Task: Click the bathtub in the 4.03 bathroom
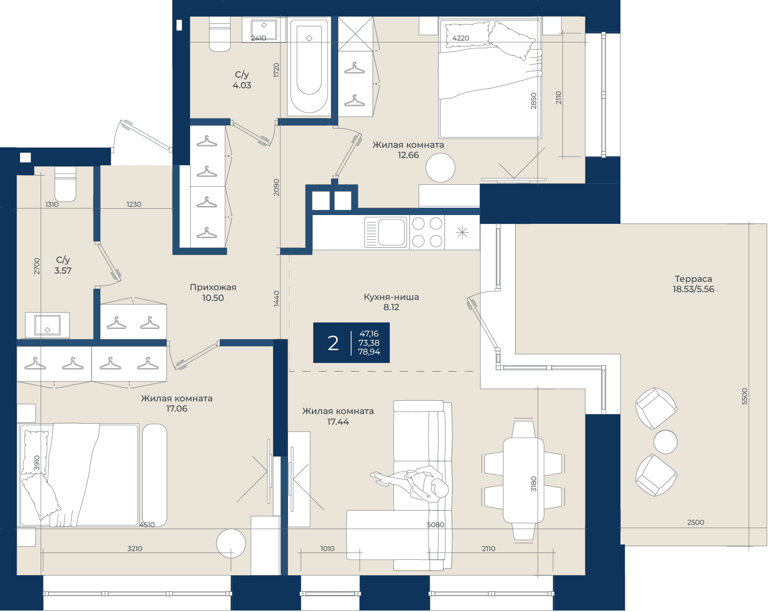pyautogui.click(x=309, y=66)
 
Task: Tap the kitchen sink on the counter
pyautogui.click(x=386, y=233)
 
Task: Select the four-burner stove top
pyautogui.click(x=427, y=233)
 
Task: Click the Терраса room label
pyautogui.click(x=693, y=279)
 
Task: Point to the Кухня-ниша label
pyautogui.click(x=391, y=297)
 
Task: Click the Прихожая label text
pyautogui.click(x=213, y=288)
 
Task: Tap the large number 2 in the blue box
pyautogui.click(x=333, y=343)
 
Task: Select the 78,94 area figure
pyautogui.click(x=369, y=352)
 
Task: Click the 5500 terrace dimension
pyautogui.click(x=745, y=396)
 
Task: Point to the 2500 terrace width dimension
pyautogui.click(x=696, y=523)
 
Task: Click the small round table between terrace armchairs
pyautogui.click(x=665, y=442)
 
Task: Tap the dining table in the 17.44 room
pyautogui.click(x=523, y=480)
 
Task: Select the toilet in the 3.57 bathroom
pyautogui.click(x=65, y=184)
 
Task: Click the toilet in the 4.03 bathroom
pyautogui.click(x=219, y=34)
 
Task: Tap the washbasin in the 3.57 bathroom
pyautogui.click(x=47, y=325)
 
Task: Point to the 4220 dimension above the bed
pyautogui.click(x=461, y=38)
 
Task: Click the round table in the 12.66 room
pyautogui.click(x=441, y=168)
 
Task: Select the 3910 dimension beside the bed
pyautogui.click(x=37, y=464)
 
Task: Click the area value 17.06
pyautogui.click(x=177, y=409)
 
